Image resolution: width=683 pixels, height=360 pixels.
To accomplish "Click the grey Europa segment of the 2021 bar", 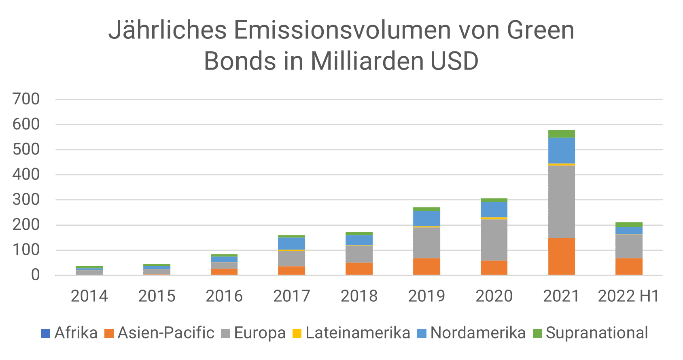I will [x=561, y=201].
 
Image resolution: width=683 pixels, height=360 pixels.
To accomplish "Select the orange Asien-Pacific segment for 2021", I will [x=561, y=256].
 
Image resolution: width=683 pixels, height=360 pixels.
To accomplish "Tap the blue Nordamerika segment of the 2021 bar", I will [x=561, y=150].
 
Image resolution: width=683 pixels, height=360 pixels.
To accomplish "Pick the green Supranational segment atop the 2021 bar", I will [x=561, y=134].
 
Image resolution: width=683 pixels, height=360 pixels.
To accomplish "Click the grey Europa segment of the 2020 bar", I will [x=494, y=240].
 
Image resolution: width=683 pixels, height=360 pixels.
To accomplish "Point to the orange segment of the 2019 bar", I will [x=426, y=266].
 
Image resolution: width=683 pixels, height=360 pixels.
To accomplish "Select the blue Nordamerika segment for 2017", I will [x=291, y=244].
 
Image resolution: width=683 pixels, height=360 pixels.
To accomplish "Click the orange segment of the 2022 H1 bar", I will [x=629, y=266].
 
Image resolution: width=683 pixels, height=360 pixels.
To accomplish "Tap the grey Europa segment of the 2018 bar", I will [x=359, y=254].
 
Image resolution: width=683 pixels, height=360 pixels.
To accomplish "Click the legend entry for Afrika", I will [x=70, y=333].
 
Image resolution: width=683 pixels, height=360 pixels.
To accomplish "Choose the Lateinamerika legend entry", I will [x=351, y=333].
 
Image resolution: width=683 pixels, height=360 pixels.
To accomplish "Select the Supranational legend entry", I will [x=590, y=333].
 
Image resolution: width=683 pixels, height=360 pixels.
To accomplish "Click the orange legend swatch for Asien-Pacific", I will [x=109, y=333].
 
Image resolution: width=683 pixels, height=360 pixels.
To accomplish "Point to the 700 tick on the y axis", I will [x=26, y=99].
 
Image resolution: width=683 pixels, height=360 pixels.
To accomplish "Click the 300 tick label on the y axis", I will [x=26, y=199].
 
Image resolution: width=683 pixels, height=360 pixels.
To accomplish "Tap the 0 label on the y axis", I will [x=35, y=275].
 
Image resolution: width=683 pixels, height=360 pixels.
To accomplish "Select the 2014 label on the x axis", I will [x=89, y=296].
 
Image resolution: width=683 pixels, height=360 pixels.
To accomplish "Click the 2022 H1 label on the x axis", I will [x=628, y=296].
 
